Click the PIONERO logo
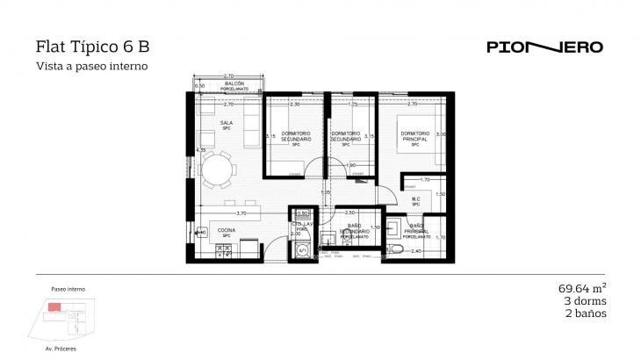[x=544, y=47]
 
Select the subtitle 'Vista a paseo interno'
[x=90, y=66]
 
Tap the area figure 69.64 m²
[x=582, y=287]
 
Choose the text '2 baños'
[x=587, y=313]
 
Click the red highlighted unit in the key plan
[x=55, y=306]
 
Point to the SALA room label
[x=227, y=124]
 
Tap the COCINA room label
[x=227, y=232]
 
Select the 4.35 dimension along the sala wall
[x=201, y=150]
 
